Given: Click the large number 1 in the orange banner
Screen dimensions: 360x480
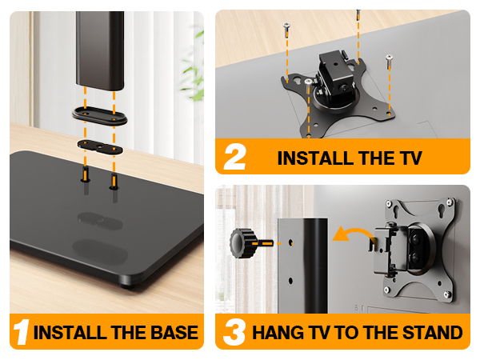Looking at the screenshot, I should coord(22,331).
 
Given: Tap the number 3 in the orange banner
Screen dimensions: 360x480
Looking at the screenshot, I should coord(234,332).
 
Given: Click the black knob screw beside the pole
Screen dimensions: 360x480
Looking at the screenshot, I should coord(242,239).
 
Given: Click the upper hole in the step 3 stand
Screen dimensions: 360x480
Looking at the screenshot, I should coord(290,239).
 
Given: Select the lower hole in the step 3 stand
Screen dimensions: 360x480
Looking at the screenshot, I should coord(290,280).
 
